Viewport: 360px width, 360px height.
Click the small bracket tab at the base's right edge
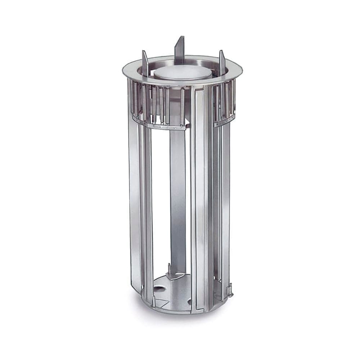229,289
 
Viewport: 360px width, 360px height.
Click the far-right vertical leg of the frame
225,202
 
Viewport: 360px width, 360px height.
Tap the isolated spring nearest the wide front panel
183,104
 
